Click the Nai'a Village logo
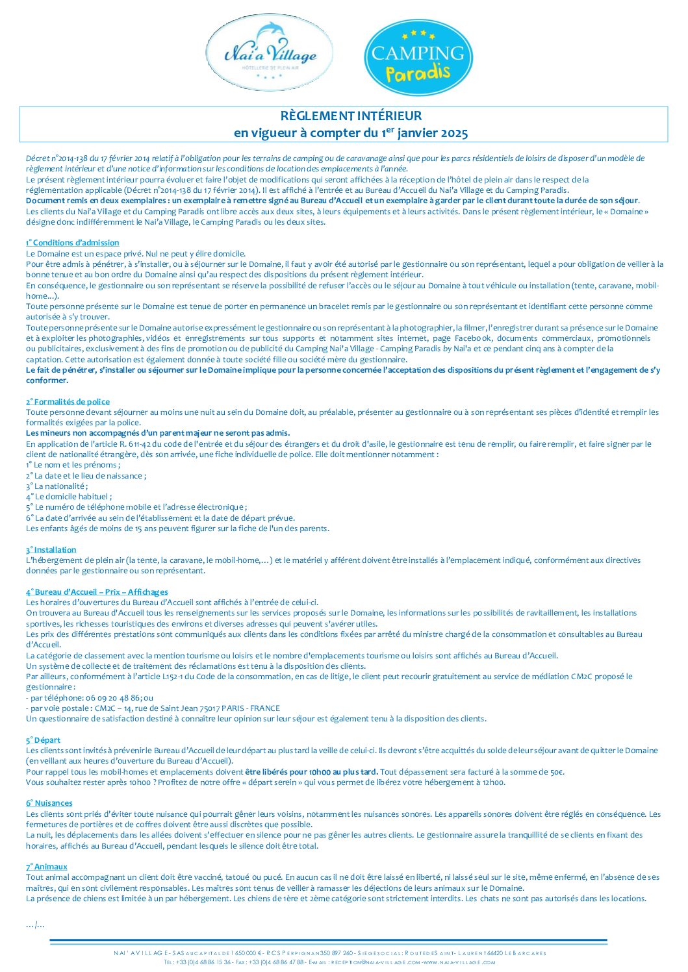(270, 54)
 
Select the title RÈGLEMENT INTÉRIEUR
(351, 116)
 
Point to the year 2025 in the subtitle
(454, 134)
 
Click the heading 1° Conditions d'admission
(73, 243)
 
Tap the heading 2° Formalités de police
(68, 402)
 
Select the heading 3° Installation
(51, 550)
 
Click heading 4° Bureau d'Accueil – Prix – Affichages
(97, 592)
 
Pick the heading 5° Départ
(44, 740)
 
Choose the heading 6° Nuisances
(49, 803)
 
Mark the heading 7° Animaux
(47, 867)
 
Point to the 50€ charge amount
(555, 772)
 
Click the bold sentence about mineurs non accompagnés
(158, 433)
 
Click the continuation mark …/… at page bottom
(35, 925)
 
